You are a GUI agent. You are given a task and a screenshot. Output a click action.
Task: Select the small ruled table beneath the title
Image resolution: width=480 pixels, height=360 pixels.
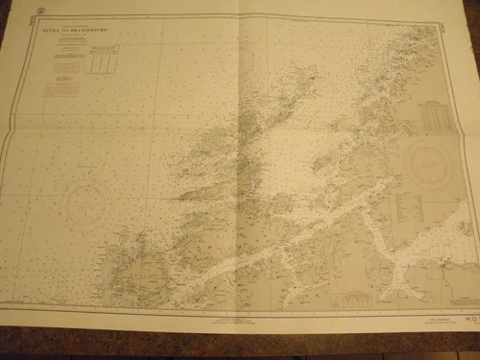pos(100,62)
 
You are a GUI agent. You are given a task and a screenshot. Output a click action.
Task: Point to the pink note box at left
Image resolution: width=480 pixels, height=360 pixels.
pos(61,89)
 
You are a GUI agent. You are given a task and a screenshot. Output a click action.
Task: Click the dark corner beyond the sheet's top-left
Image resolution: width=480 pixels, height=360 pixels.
pos(8,8)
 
